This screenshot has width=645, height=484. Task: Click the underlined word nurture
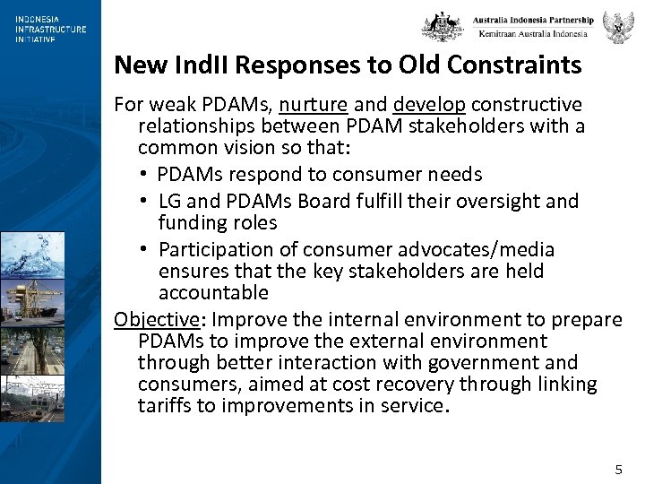pyautogui.click(x=312, y=105)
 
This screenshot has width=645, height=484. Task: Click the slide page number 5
pyautogui.click(x=618, y=470)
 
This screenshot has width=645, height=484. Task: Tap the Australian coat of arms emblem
pyautogui.click(x=443, y=26)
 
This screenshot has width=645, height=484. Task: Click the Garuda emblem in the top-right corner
pyautogui.click(x=618, y=27)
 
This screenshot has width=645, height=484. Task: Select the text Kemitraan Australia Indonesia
pyautogui.click(x=533, y=34)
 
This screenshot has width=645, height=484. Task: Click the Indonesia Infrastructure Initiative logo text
pyautogui.click(x=50, y=30)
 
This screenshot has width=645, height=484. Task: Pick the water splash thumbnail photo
pyautogui.click(x=32, y=256)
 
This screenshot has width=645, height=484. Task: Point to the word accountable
pyautogui.click(x=213, y=293)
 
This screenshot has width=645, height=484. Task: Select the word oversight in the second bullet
pyautogui.click(x=492, y=201)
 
